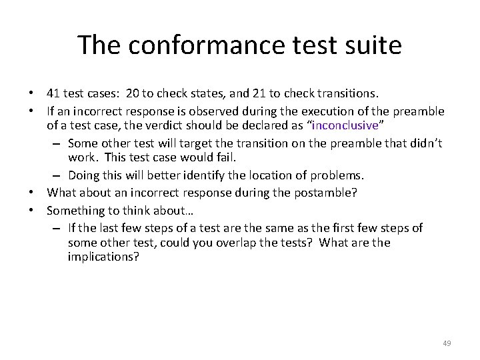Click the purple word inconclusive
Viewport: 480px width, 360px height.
pos(345,125)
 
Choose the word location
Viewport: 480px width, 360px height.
pos(274,175)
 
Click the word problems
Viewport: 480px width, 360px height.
pos(340,175)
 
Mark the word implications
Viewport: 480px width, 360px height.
pos(103,257)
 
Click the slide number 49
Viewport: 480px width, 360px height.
pos(447,343)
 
